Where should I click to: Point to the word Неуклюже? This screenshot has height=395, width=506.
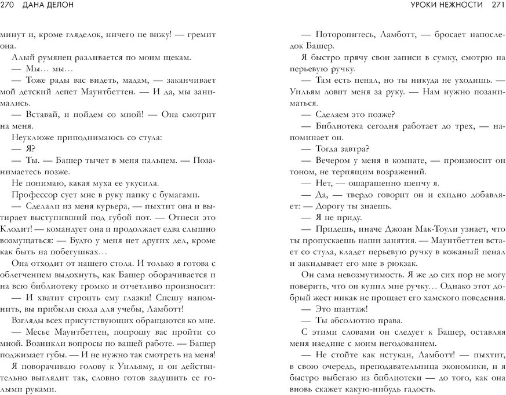point(31,137)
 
